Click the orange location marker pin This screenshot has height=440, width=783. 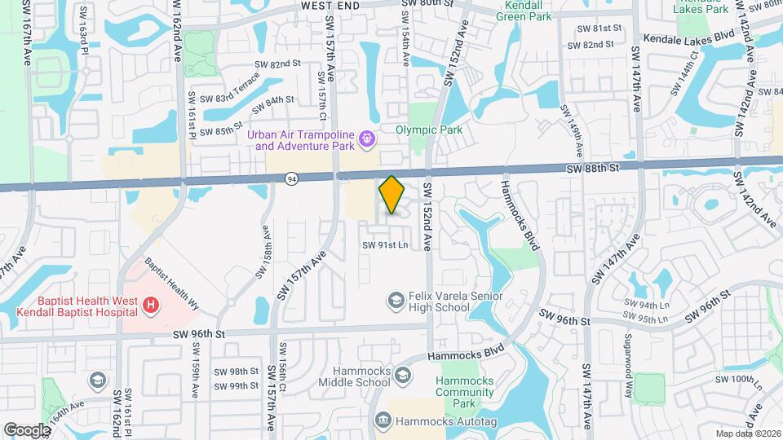(391, 195)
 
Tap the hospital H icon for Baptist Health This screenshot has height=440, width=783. (150, 306)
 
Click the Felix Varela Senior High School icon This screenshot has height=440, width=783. (396, 301)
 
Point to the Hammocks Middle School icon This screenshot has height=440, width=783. (403, 375)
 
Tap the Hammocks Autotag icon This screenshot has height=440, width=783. (383, 420)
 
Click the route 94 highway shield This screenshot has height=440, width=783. (292, 178)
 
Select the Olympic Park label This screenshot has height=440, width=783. (429, 130)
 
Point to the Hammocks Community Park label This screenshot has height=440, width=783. (466, 392)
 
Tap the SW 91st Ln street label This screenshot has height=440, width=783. (385, 244)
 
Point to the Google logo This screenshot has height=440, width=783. (27, 429)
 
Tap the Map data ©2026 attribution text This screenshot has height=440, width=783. (747, 433)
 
